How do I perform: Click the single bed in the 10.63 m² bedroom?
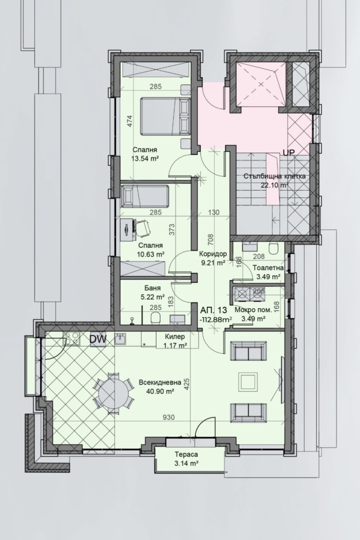145,196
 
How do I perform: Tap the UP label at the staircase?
288,153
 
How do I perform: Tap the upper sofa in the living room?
246,350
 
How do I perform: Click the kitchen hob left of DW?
72,338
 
